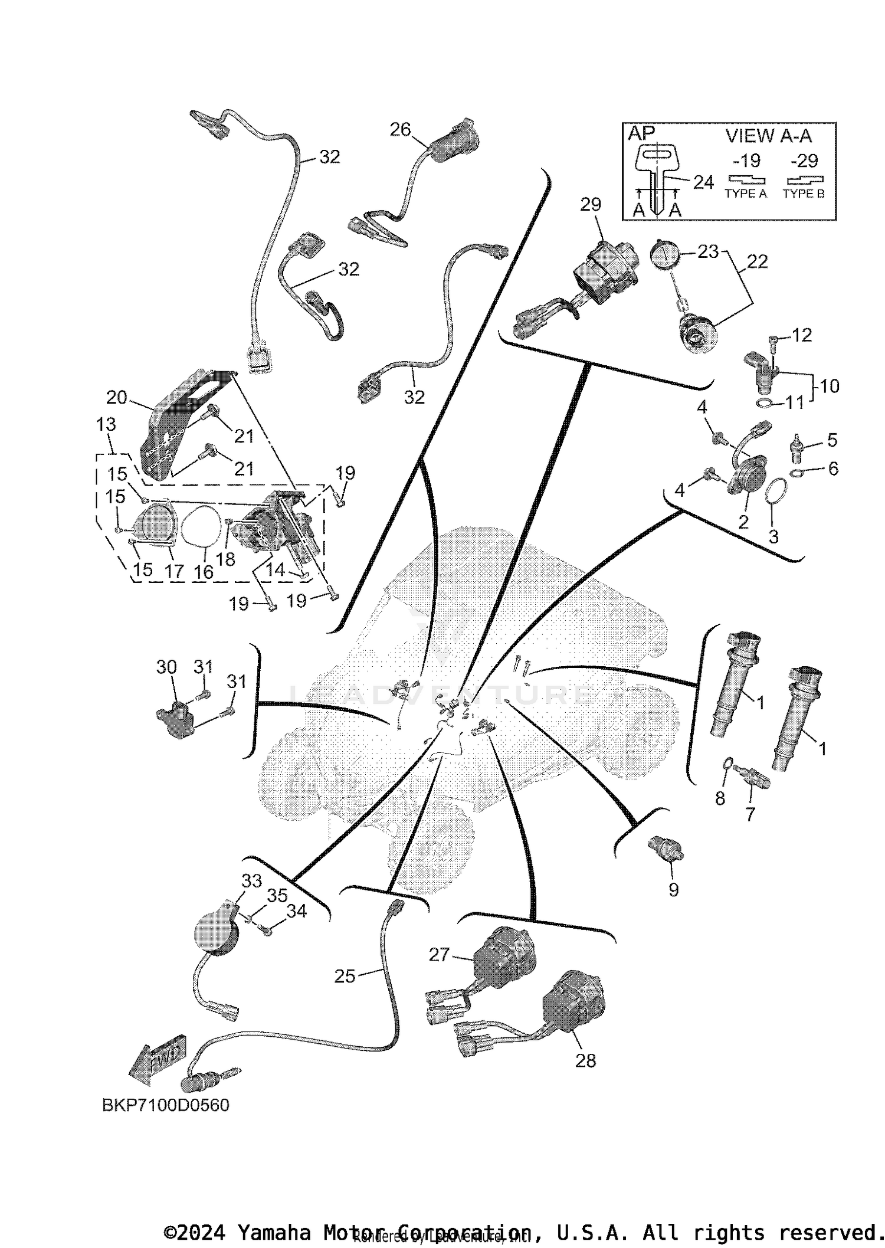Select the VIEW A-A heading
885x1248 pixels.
(768, 136)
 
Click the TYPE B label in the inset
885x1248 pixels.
(804, 194)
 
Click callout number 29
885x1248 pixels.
(590, 205)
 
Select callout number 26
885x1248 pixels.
(400, 129)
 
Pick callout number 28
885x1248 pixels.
(585, 1061)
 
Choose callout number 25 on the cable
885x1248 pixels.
(345, 977)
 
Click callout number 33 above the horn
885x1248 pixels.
(251, 881)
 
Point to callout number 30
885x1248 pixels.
(166, 667)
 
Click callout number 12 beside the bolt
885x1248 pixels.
(801, 335)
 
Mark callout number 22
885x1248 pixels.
(758, 261)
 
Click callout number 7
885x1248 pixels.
(750, 814)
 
